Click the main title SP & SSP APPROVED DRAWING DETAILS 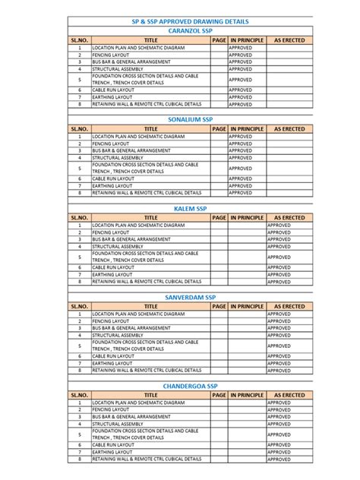[190, 23]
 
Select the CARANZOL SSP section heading [190, 31]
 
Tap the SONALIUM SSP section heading [190, 120]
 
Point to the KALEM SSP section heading [190, 208]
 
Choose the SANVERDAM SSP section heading [190, 297]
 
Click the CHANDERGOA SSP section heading [190, 386]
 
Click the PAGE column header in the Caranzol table [219, 39]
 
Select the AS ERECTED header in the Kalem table [289, 217]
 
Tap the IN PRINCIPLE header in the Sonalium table [247, 129]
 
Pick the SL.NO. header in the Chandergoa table [79, 395]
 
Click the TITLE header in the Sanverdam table [150, 306]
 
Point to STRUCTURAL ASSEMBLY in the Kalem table [117, 247]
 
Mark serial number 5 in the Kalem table [79, 257]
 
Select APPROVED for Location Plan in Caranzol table [242, 47]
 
